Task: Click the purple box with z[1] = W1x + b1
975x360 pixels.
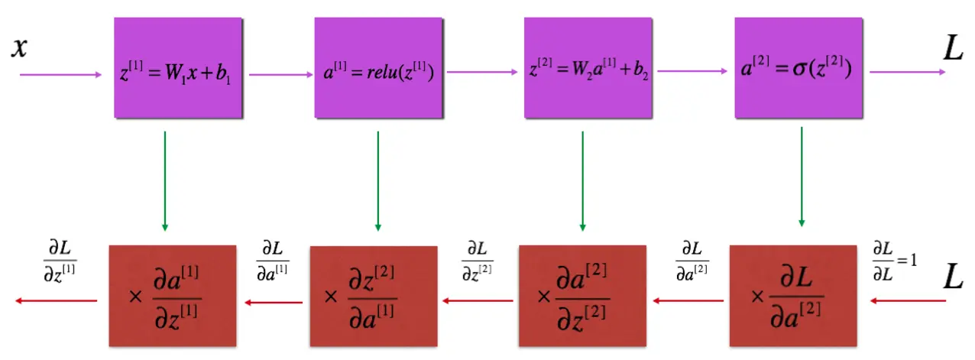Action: (177, 67)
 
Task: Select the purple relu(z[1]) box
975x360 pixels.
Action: (378, 67)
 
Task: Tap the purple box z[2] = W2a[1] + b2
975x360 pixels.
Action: (588, 67)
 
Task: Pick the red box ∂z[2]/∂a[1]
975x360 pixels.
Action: (373, 295)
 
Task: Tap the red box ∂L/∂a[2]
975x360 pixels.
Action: (792, 295)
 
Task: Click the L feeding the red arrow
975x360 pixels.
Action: (953, 277)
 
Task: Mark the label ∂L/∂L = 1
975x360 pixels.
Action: (895, 261)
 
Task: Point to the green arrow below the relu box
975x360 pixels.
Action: (378, 180)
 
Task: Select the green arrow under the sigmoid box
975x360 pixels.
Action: (802, 176)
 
